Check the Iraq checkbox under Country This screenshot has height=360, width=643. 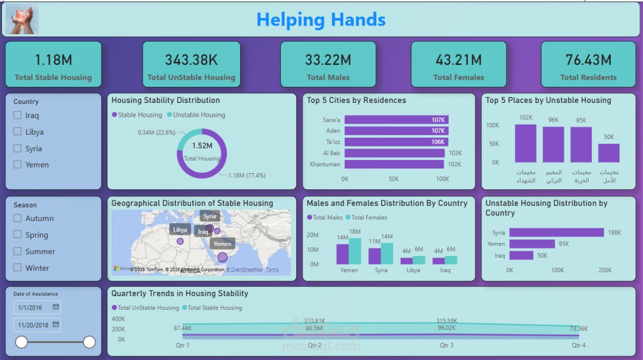tap(18, 115)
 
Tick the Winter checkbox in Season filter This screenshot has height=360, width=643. tap(18, 268)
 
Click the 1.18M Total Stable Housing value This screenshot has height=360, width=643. tap(53, 60)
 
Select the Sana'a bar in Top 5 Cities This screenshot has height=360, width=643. tap(396, 120)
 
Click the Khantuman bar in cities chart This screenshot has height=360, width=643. tap(394, 164)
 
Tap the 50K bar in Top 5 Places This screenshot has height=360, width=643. tap(608, 153)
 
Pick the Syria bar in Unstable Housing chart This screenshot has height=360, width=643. tap(556, 232)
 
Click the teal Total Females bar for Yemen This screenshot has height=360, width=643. tap(355, 251)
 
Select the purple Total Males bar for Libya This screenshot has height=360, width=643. tap(406, 261)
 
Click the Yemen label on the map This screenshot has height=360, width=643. tap(222, 244)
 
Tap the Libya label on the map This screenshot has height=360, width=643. tap(180, 229)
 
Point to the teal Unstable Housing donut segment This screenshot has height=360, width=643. tap(186, 136)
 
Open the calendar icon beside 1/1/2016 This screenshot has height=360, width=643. tap(56, 307)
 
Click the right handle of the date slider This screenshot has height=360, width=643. tap(89, 342)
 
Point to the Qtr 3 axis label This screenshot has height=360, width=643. tap(447, 345)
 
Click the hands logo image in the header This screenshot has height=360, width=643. tap(22, 20)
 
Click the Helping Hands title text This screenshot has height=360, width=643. tap(321, 20)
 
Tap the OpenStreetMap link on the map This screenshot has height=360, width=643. tap(244, 270)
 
